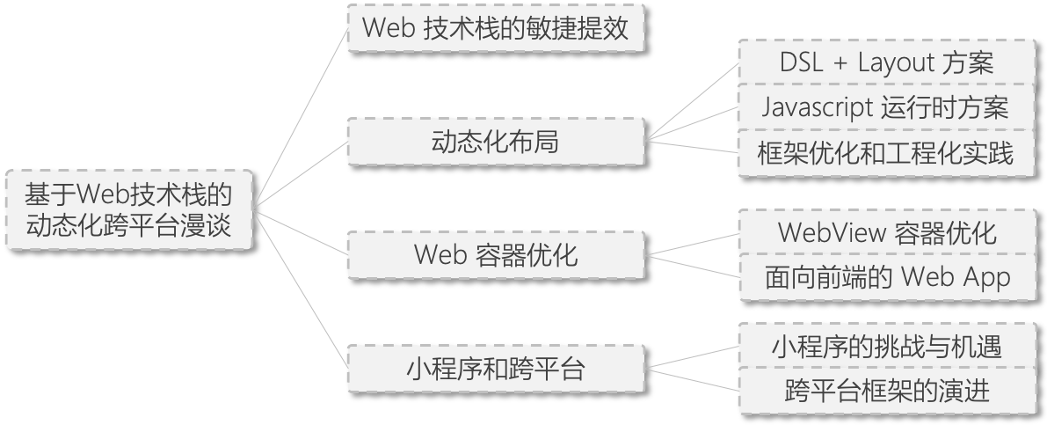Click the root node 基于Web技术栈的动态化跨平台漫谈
point(128,209)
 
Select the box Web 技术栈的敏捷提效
point(495,29)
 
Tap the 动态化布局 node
point(495,141)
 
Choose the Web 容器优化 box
point(495,255)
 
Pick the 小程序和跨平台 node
point(495,369)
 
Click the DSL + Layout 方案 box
point(886,62)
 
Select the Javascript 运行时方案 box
point(886,107)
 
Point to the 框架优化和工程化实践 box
point(886,153)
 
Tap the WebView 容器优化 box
point(886,232)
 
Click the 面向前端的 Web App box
point(886,278)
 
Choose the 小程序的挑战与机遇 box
point(886,346)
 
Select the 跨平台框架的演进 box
point(886,391)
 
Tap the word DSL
point(801,62)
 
